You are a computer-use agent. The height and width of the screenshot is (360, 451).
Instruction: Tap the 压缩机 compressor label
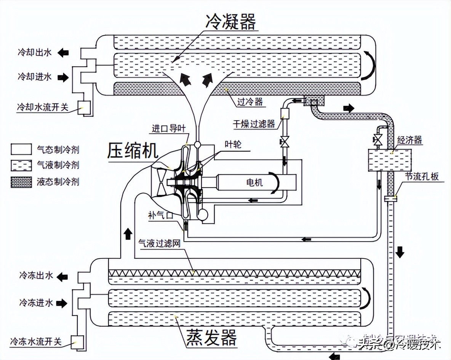pyautogui.click(x=132, y=151)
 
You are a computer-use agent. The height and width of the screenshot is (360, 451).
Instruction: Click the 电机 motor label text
pyautogui.click(x=254, y=183)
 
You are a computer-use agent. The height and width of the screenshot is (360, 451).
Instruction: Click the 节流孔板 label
pyautogui.click(x=422, y=177)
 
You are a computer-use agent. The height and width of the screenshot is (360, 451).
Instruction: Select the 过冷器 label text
pyautogui.click(x=250, y=102)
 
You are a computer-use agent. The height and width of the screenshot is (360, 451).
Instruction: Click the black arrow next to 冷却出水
pyautogui.click(x=63, y=53)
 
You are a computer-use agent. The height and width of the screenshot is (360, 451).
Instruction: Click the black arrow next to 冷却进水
pyautogui.click(x=63, y=77)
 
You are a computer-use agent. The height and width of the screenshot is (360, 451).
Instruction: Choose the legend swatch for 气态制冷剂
pyautogui.click(x=21, y=150)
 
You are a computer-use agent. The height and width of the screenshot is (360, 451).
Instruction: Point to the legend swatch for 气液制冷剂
pyautogui.click(x=21, y=166)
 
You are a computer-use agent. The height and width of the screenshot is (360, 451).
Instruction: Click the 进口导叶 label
pyautogui.click(x=169, y=129)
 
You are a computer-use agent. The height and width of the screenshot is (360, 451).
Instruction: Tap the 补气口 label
pyautogui.click(x=161, y=215)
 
